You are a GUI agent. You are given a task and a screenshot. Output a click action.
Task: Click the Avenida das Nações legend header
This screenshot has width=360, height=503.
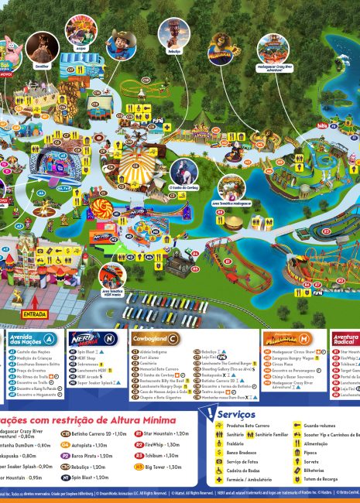coord(31,339)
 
